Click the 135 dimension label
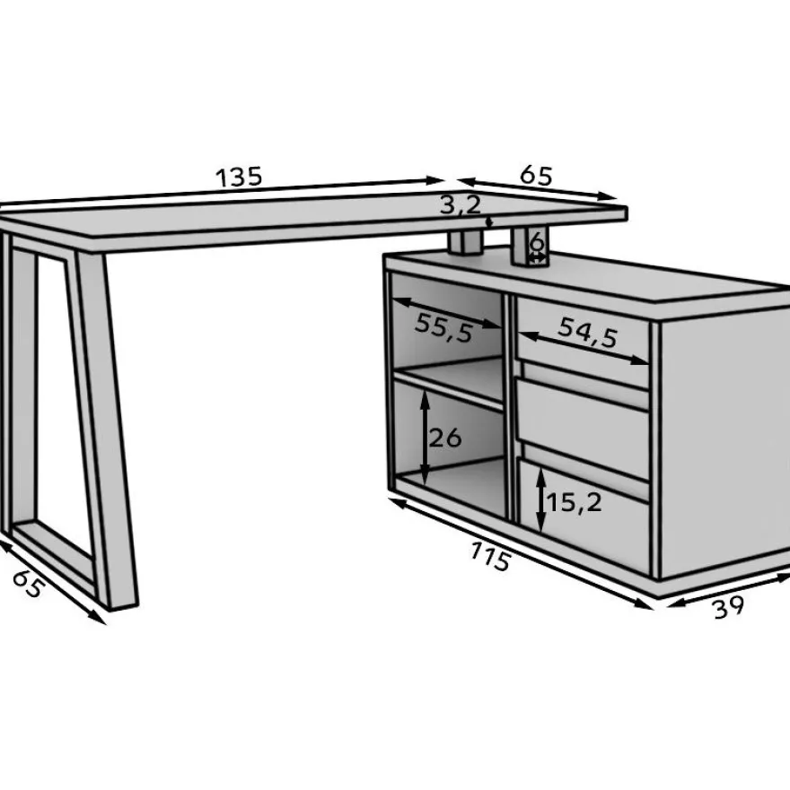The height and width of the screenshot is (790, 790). (239, 177)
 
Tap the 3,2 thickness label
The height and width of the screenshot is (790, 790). (461, 205)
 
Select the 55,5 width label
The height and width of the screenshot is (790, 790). (444, 328)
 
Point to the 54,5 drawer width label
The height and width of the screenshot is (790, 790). (588, 333)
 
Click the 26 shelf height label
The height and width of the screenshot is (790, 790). (445, 438)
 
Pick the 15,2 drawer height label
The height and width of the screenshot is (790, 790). (574, 502)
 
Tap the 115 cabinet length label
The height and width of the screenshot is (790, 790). (490, 556)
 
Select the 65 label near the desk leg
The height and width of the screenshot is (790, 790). (27, 584)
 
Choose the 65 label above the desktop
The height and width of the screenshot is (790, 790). (537, 175)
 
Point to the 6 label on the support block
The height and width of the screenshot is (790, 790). (538, 243)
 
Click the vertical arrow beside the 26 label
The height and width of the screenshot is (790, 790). (426, 438)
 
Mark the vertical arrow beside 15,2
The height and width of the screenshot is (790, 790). (540, 499)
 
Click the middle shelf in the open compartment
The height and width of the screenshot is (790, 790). (450, 384)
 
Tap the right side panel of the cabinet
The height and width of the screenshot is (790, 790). (724, 443)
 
